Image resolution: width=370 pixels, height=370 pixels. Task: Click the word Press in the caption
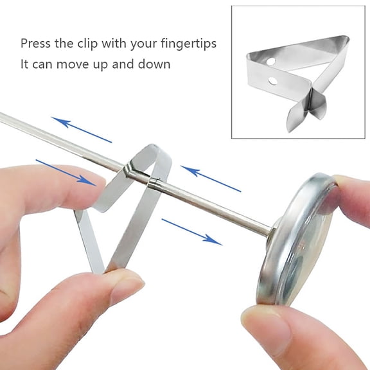click(x=36, y=44)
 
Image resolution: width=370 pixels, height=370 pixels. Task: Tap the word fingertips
click(x=186, y=44)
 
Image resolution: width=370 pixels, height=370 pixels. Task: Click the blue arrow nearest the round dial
click(x=191, y=231)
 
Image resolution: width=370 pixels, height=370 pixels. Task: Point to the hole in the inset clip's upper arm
click(x=270, y=62)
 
